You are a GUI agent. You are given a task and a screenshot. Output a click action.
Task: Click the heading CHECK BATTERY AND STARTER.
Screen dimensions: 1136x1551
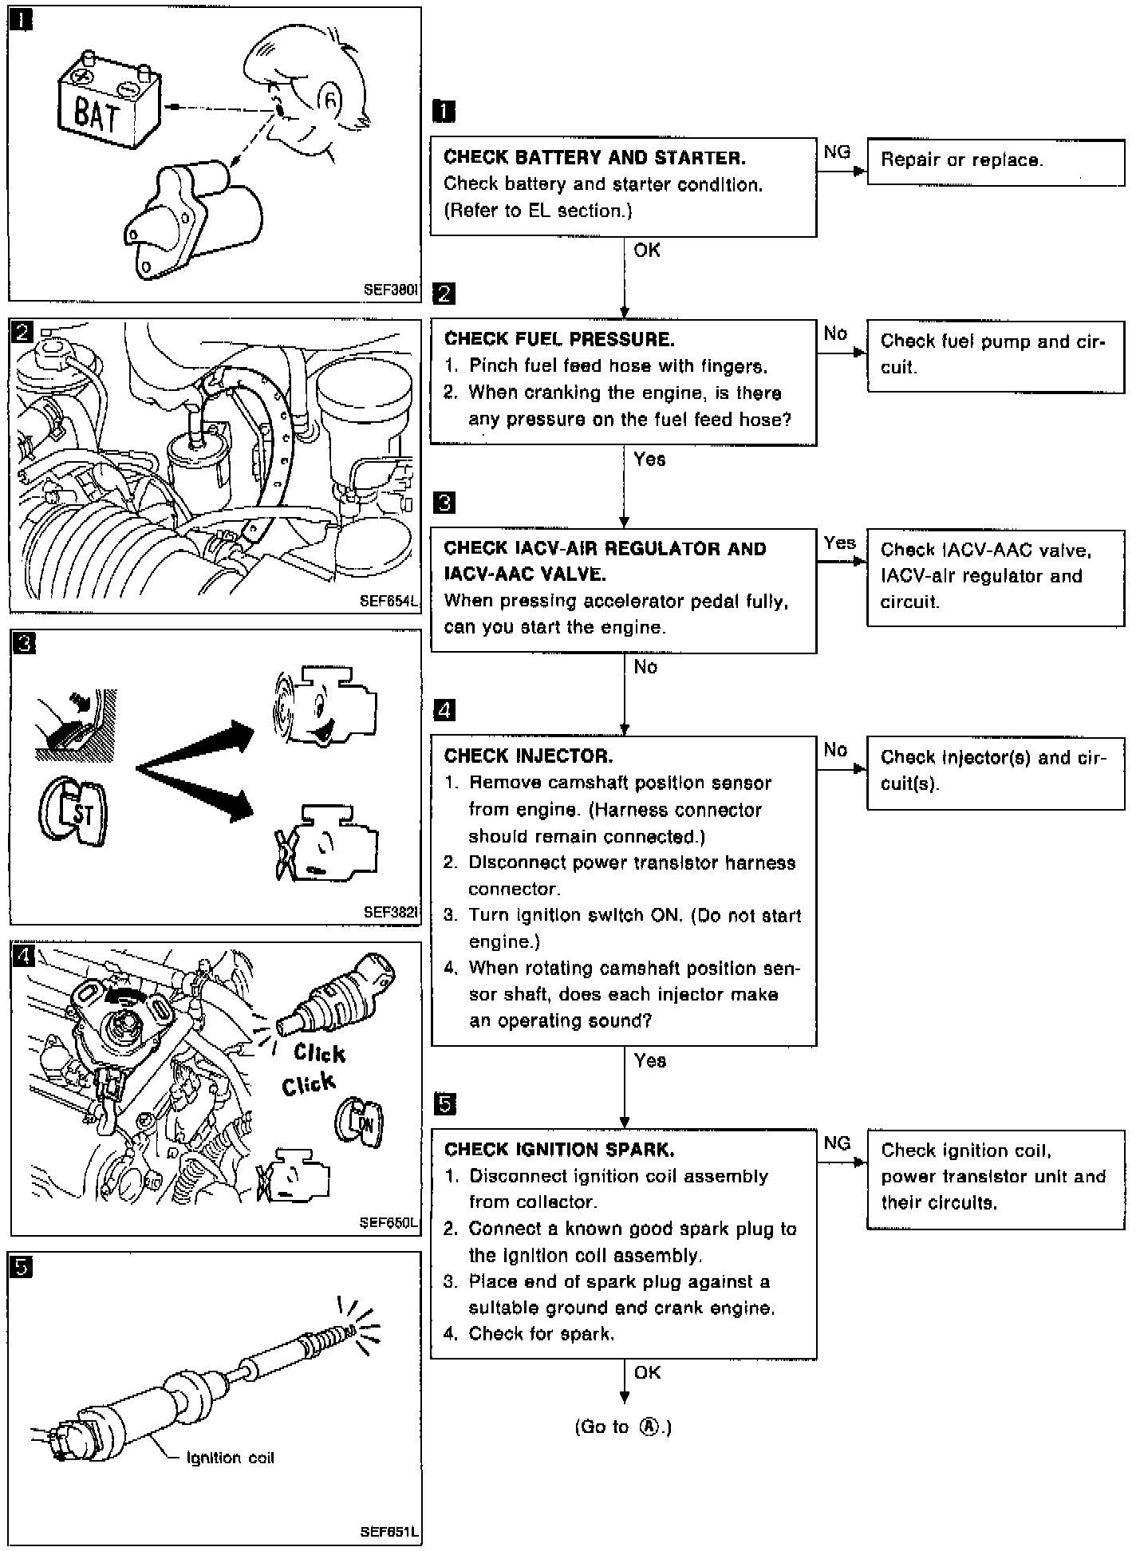click(594, 157)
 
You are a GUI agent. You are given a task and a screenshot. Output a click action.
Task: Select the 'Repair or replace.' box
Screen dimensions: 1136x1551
click(996, 162)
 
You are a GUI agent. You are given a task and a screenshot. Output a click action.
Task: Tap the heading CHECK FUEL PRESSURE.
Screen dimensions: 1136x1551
click(559, 339)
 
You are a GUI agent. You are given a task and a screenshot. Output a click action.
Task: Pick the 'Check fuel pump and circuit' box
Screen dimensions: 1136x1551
click(996, 356)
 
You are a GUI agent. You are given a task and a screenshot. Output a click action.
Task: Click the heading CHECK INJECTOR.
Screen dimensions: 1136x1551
click(529, 756)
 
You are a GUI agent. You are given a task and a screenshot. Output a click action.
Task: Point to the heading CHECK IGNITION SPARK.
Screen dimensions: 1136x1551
click(559, 1149)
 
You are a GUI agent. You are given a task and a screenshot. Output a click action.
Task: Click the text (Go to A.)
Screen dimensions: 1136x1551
click(623, 1427)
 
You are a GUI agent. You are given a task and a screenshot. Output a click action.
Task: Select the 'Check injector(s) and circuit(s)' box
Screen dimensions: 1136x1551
click(996, 772)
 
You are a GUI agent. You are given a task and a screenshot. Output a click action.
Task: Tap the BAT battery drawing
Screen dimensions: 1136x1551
click(110, 101)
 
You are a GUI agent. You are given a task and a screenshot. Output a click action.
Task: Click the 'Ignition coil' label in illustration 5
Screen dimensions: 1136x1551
click(230, 1458)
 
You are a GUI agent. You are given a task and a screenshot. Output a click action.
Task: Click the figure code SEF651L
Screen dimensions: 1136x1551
click(389, 1533)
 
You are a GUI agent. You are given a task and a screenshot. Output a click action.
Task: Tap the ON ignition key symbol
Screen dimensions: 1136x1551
click(360, 1124)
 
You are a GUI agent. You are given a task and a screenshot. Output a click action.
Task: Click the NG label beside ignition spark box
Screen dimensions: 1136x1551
click(837, 1143)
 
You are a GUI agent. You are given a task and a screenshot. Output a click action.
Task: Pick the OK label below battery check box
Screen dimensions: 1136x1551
click(647, 251)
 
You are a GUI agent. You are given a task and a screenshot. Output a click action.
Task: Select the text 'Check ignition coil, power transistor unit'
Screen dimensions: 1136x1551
click(993, 1163)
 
